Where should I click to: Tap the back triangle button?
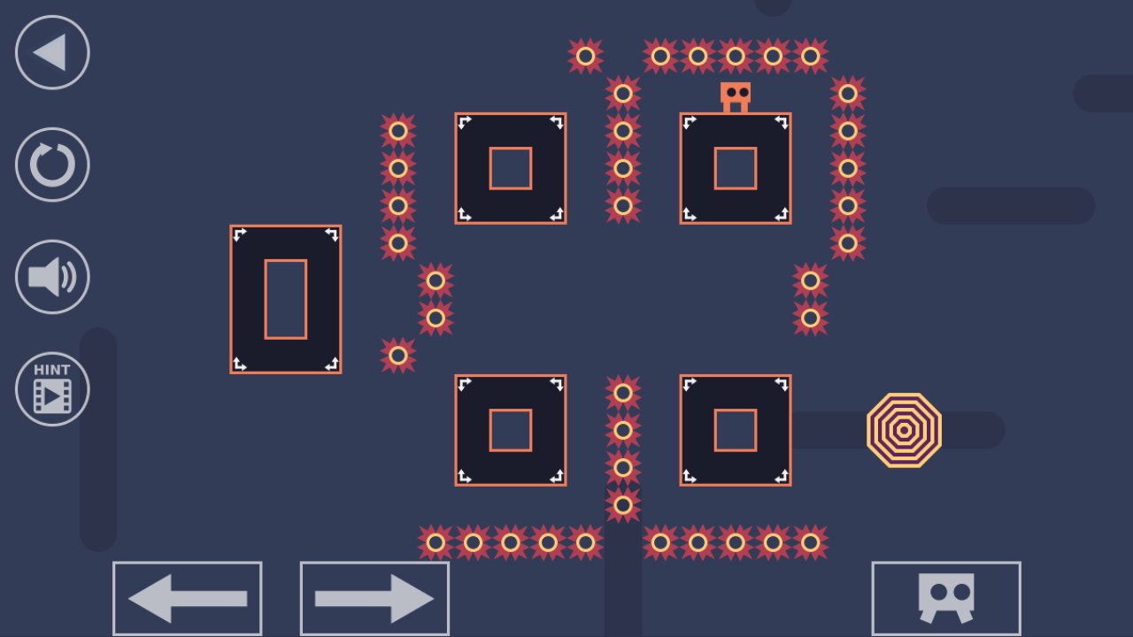52,52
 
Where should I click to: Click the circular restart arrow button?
52,165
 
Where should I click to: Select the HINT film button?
52,389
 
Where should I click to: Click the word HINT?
51,370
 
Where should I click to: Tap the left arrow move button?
187,599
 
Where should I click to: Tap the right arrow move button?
374,599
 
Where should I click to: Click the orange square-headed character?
736,97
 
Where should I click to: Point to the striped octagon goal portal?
905,430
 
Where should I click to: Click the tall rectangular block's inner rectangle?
286,263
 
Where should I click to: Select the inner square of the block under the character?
736,150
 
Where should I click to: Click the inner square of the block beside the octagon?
736,411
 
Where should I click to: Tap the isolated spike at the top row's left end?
586,56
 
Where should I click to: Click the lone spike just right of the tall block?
398,356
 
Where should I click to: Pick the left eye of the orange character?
731,93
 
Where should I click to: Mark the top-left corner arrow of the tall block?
239,234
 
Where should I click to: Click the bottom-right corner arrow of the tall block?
332,365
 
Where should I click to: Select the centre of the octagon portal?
905,430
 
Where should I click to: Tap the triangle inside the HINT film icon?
52,397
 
